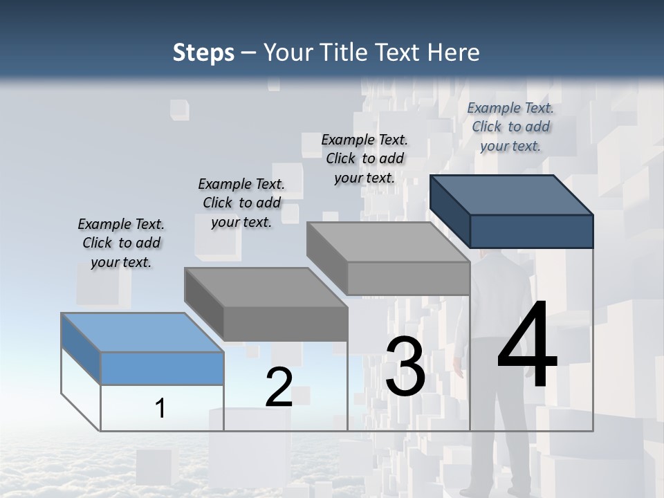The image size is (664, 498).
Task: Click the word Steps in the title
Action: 203,53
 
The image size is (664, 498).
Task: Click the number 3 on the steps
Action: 405,367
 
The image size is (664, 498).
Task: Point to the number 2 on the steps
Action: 279,387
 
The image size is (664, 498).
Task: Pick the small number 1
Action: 160,409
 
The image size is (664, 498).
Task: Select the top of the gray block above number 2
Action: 266,287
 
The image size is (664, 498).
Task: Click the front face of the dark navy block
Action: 531,231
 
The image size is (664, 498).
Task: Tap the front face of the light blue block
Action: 162,368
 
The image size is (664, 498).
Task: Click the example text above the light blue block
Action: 121,243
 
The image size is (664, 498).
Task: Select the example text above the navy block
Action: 510,127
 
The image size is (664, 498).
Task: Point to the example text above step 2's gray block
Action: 241,203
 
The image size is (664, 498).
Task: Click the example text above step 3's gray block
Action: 365,158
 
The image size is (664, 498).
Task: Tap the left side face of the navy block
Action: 450,212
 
